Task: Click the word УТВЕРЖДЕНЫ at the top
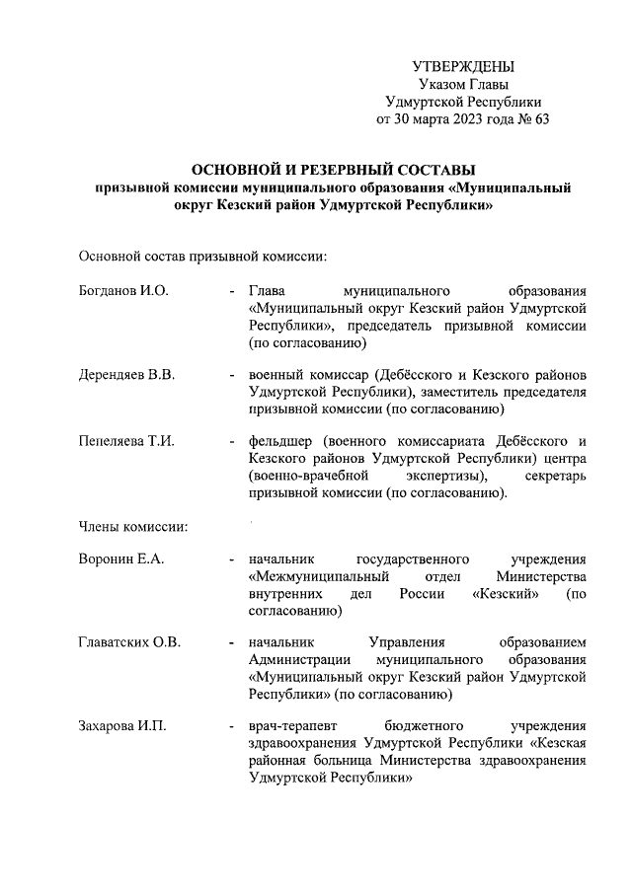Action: pos(463,67)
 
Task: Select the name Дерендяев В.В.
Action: pos(126,375)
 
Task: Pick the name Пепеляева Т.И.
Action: pos(126,441)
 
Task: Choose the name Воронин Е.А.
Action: pos(120,559)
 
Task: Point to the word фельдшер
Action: pos(280,441)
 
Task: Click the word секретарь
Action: pos(554,476)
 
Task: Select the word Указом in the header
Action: pos(441,85)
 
